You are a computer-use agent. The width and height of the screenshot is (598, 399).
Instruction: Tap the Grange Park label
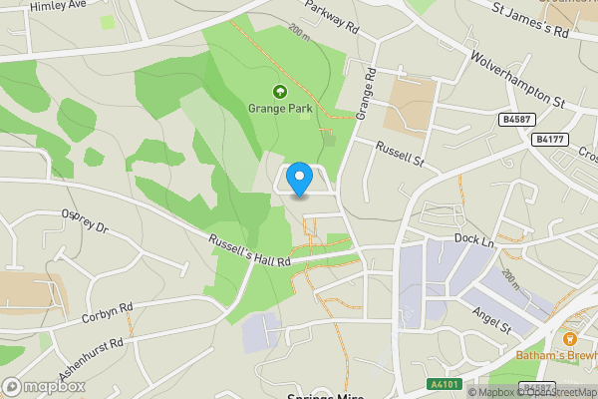click(x=281, y=108)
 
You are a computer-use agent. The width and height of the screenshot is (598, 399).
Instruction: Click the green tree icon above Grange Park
click(x=281, y=91)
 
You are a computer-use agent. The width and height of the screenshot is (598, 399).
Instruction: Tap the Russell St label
click(x=400, y=154)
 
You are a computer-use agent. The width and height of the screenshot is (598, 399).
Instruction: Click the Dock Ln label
click(x=473, y=239)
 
